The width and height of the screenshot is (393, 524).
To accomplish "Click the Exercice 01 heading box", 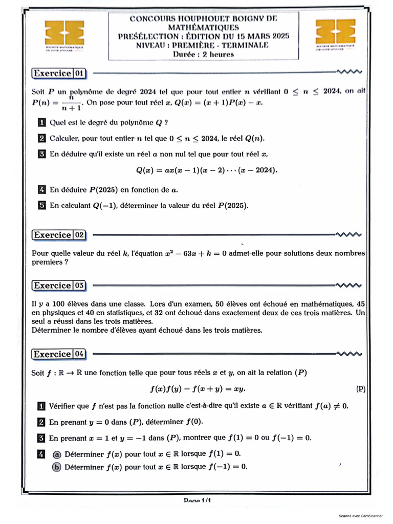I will [x=59, y=74].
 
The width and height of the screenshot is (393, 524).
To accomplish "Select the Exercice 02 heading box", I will [x=59, y=235].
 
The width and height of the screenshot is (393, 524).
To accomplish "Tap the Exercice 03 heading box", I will [x=59, y=286].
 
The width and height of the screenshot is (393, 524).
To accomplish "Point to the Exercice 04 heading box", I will [x=59, y=354].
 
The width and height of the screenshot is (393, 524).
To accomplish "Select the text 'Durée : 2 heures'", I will [x=203, y=54].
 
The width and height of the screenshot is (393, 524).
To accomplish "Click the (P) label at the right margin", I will [x=361, y=389].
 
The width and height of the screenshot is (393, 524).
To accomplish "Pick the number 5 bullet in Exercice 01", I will [x=42, y=205].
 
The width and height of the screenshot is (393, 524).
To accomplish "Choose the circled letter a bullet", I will [x=57, y=453].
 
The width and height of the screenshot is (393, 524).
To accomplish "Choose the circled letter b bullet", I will [x=57, y=467].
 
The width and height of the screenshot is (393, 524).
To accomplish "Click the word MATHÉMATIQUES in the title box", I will [x=203, y=27].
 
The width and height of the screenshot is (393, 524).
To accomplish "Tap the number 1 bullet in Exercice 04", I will [x=41, y=406].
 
